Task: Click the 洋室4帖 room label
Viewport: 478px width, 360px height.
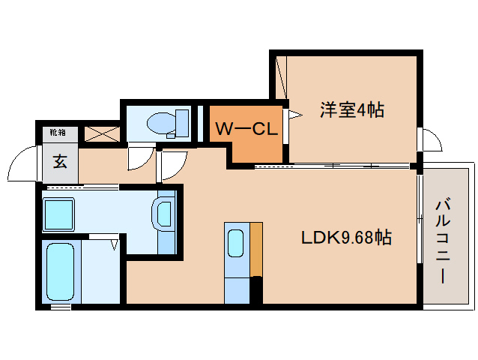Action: pos(352,110)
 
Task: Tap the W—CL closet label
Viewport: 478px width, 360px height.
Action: pos(246,128)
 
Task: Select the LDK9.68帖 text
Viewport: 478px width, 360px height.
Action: pos(346,238)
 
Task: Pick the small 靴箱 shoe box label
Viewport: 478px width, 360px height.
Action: pos(58,133)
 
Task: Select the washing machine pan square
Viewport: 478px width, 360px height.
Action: pos(59,213)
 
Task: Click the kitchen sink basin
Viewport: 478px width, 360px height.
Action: pos(235,243)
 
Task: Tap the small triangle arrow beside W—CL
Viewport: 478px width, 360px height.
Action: pos(296,115)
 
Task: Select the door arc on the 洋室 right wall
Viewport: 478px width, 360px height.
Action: pos(429,139)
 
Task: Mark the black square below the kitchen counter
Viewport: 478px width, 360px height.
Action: pos(256,289)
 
